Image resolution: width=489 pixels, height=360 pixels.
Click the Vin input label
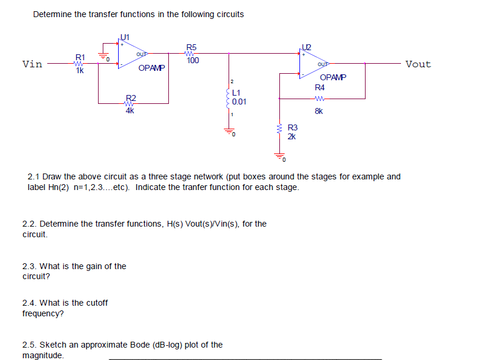click(x=32, y=64)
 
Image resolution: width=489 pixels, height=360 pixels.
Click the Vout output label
click(x=418, y=64)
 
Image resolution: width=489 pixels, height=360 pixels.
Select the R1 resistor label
click(x=80, y=57)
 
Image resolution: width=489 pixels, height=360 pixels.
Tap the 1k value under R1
click(x=80, y=71)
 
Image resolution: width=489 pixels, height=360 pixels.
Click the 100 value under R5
click(x=193, y=61)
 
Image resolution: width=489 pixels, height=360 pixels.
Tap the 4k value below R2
click(x=130, y=110)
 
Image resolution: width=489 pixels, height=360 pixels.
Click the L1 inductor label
click(x=237, y=93)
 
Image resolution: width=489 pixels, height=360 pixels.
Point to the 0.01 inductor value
click(x=239, y=102)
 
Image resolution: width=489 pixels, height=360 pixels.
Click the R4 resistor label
click(x=320, y=87)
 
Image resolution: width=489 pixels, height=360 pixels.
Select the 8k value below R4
click(x=319, y=110)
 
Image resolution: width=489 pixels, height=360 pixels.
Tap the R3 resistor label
click(x=292, y=127)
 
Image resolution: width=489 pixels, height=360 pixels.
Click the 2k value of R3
click(x=292, y=136)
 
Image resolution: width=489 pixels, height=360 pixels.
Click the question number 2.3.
click(x=30, y=266)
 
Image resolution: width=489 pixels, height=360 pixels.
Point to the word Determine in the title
click(x=53, y=14)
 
